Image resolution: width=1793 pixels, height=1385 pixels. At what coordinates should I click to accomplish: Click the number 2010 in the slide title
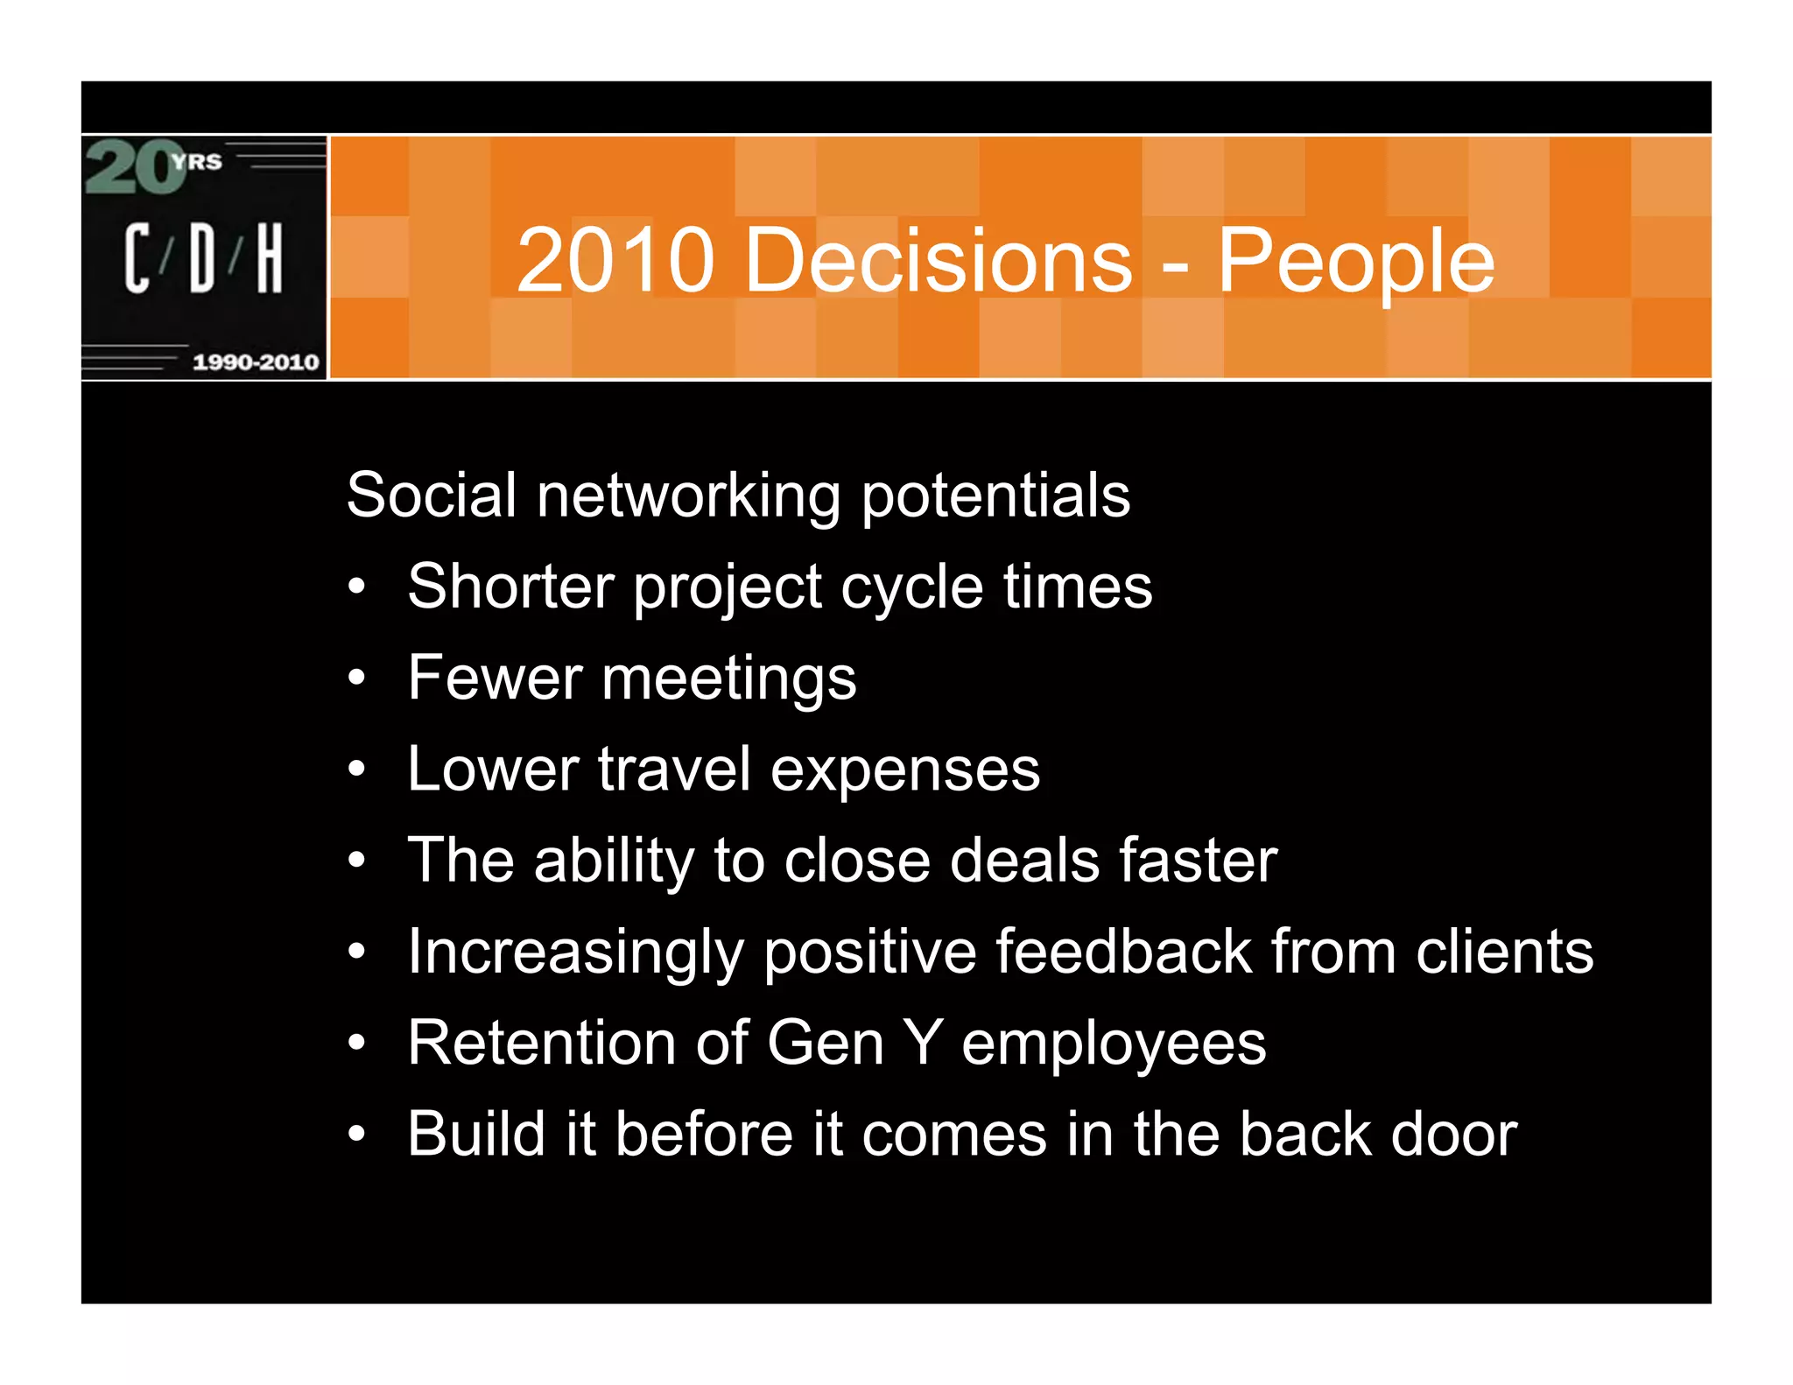click(x=615, y=260)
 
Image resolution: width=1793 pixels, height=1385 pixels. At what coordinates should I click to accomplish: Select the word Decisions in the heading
click(x=938, y=260)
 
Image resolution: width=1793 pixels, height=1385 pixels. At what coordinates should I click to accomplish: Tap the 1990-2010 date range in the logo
click(x=256, y=362)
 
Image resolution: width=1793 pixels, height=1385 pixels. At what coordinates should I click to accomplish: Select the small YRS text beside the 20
click(x=198, y=162)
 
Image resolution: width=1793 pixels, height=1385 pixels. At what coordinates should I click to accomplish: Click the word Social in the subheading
click(x=431, y=495)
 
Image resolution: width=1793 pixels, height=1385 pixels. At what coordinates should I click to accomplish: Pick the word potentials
click(x=995, y=496)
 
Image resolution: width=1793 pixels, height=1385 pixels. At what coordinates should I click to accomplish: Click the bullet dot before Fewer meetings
click(x=355, y=678)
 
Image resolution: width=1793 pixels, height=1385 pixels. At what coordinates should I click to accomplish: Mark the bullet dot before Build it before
click(x=355, y=1135)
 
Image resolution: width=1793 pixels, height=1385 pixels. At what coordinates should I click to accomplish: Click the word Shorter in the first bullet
click(x=510, y=586)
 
